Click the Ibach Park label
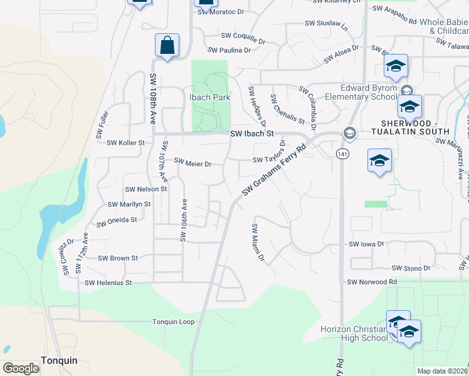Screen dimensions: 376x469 [210, 97]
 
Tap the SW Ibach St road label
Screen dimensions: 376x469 [252, 133]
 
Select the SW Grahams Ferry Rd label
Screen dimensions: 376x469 [274, 170]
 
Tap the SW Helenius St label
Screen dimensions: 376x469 [108, 283]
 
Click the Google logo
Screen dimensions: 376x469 [21, 368]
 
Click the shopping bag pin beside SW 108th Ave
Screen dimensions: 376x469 [167, 46]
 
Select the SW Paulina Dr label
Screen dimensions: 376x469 [229, 50]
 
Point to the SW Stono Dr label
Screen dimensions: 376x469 [411, 268]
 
